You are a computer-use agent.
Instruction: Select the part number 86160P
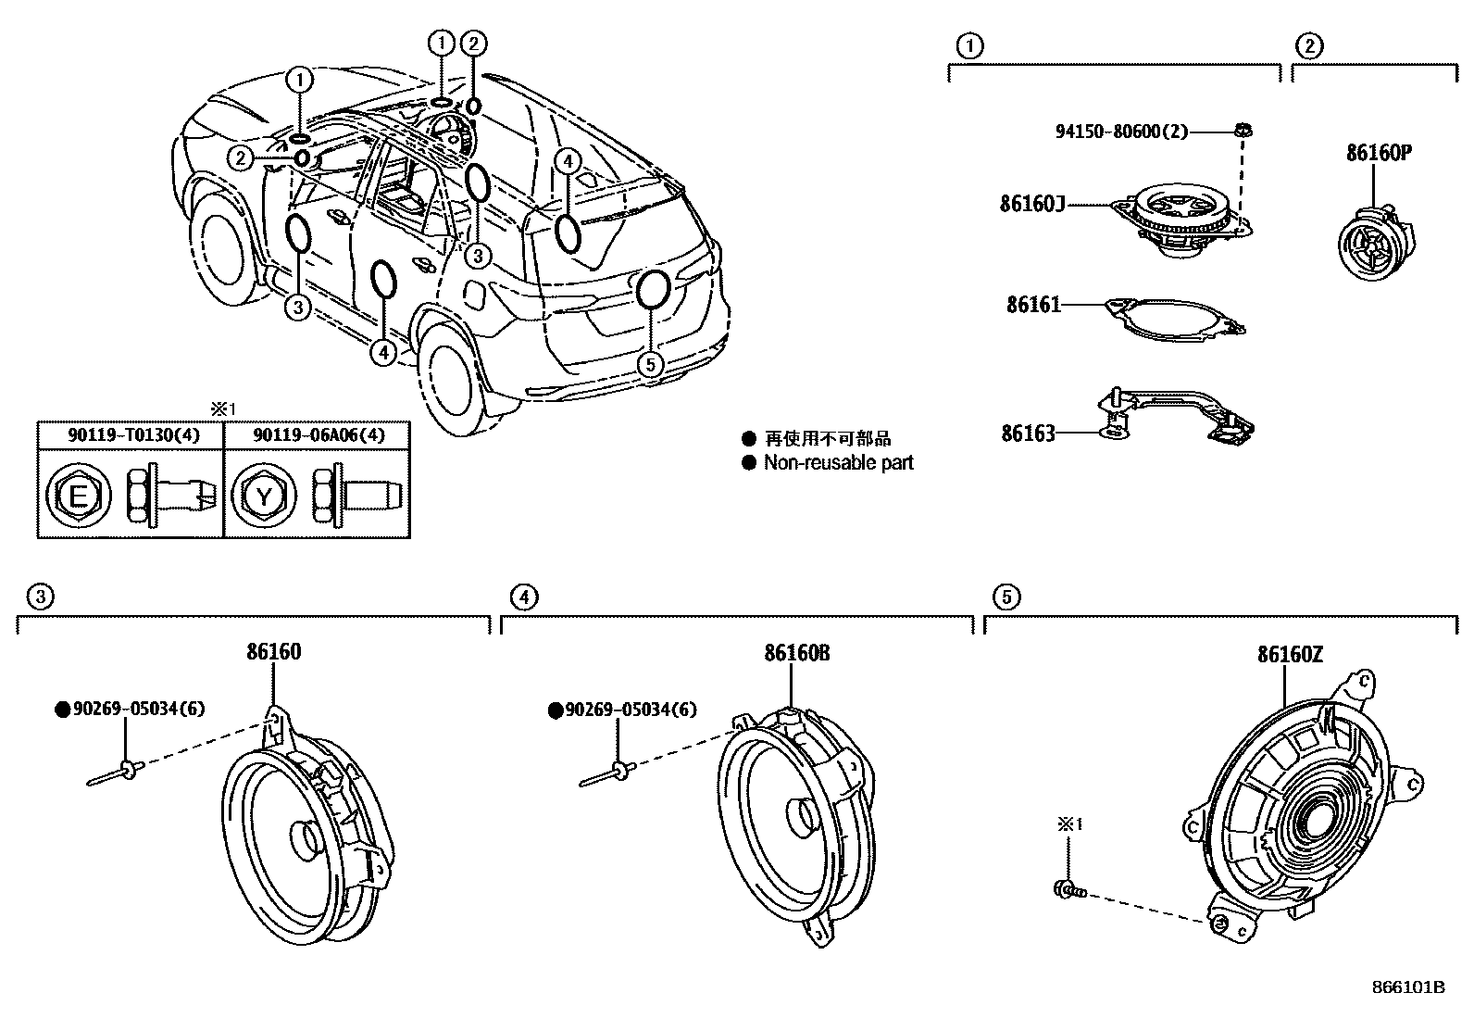pos(1378,153)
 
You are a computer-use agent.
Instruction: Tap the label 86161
pos(1034,304)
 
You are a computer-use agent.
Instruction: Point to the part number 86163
pos(1027,433)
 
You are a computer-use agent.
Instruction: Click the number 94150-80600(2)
pos(1120,132)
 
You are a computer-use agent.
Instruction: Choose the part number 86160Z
pos(1290,655)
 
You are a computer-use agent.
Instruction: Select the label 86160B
pos(796,653)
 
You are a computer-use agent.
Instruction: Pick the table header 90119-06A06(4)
pos(318,434)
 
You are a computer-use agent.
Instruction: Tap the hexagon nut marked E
pos(78,497)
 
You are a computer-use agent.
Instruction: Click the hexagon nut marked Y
pos(264,497)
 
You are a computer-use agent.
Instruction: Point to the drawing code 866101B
pos(1408,987)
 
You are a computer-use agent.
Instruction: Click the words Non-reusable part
pos(838,462)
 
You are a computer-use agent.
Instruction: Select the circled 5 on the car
pos(651,364)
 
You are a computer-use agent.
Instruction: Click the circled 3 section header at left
pos(38,597)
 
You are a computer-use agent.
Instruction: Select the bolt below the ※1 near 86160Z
pos(1068,891)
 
